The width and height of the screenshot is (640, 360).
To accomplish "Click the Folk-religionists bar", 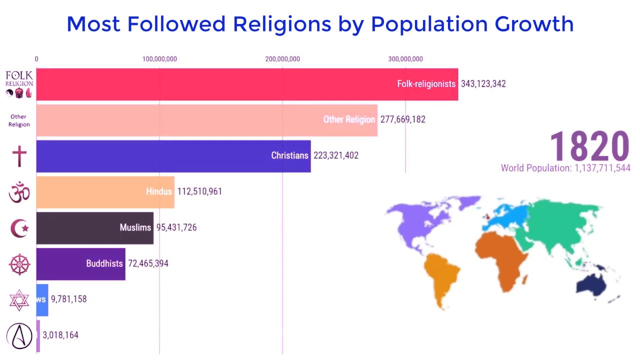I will tap(247, 84).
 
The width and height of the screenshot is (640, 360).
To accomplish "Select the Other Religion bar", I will tap(207, 120).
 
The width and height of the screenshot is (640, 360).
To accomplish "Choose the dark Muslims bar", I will tap(95, 228).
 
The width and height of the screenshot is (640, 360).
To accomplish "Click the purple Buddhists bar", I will tap(81, 264).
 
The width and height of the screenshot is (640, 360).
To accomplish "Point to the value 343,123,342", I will tap(483, 84).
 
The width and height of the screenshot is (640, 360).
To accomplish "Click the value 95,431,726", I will tap(176, 228).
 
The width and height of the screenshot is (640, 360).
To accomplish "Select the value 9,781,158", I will tap(68, 299).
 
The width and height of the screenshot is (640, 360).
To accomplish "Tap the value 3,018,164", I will tap(60, 335).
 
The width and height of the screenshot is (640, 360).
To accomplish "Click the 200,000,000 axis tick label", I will tap(282, 59).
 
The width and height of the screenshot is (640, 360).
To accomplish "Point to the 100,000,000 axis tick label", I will tap(159, 59).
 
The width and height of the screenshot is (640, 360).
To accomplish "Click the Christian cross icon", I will tap(19, 156).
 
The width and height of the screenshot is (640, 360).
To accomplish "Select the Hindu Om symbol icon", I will tap(19, 192).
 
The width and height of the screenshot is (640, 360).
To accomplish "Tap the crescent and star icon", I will tap(19, 228).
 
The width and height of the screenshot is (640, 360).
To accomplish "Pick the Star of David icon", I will tap(19, 300).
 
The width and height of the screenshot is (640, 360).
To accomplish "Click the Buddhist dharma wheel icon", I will tap(19, 264).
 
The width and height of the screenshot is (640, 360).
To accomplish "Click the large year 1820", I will tap(589, 146).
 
